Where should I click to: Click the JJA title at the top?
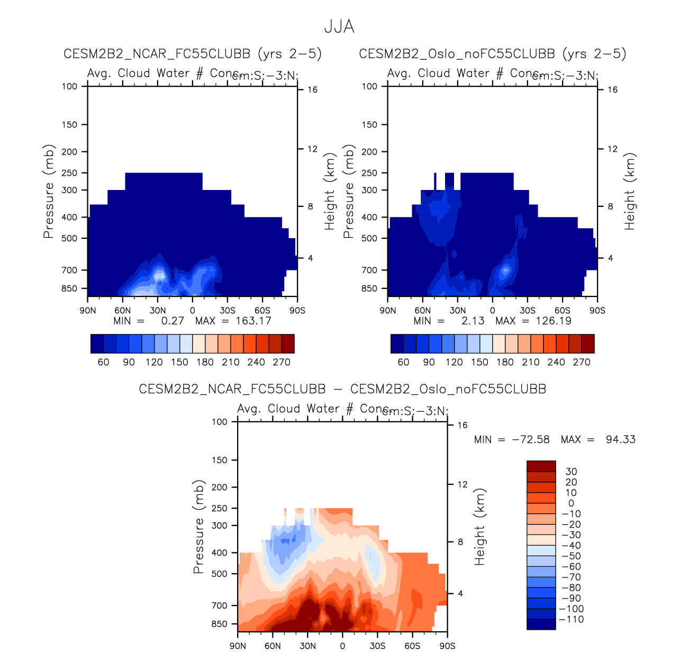(x=339, y=26)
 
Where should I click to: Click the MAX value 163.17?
(x=253, y=321)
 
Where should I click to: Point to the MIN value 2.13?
(x=473, y=321)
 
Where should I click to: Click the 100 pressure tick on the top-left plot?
(x=69, y=86)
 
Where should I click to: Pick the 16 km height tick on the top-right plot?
(x=612, y=90)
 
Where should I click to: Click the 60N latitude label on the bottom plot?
(x=273, y=646)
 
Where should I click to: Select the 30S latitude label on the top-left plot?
(x=228, y=311)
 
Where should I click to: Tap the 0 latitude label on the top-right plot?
(x=493, y=311)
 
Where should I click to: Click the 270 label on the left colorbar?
(x=282, y=363)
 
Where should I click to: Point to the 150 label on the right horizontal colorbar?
(x=479, y=363)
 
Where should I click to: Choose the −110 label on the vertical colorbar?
(x=572, y=620)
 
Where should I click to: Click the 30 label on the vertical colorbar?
(x=572, y=472)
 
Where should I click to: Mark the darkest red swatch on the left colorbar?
(x=288, y=343)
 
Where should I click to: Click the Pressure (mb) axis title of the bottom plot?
(x=198, y=527)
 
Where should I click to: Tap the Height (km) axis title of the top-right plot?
(x=629, y=192)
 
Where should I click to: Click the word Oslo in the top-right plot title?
(x=433, y=54)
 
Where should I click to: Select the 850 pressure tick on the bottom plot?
(x=219, y=624)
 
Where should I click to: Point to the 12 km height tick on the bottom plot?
(x=463, y=484)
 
